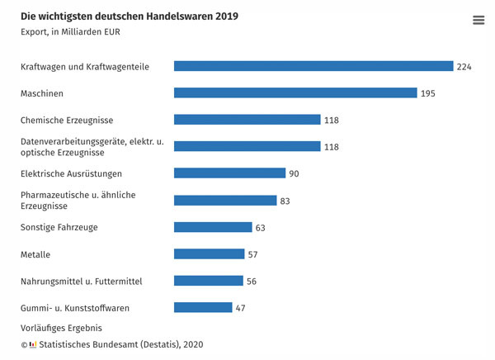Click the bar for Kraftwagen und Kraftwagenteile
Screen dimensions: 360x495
(313, 66)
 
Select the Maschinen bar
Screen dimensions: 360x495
(295, 93)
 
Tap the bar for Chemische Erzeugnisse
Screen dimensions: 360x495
(247, 120)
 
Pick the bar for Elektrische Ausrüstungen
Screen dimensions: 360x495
(229, 173)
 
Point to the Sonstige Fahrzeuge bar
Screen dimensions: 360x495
(213, 227)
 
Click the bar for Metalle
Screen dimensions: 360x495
(210, 254)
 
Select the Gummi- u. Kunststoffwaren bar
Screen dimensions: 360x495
(203, 308)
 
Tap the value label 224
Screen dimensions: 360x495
(464, 67)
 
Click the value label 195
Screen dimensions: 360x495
(427, 94)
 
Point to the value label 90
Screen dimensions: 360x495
(294, 174)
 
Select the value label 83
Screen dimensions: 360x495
(285, 201)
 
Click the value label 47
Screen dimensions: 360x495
(241, 309)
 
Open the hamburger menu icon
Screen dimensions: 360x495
(478, 21)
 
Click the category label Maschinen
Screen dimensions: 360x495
(42, 94)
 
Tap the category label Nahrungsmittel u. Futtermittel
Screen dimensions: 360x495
(81, 282)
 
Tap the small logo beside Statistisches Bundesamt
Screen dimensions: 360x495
(33, 343)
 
